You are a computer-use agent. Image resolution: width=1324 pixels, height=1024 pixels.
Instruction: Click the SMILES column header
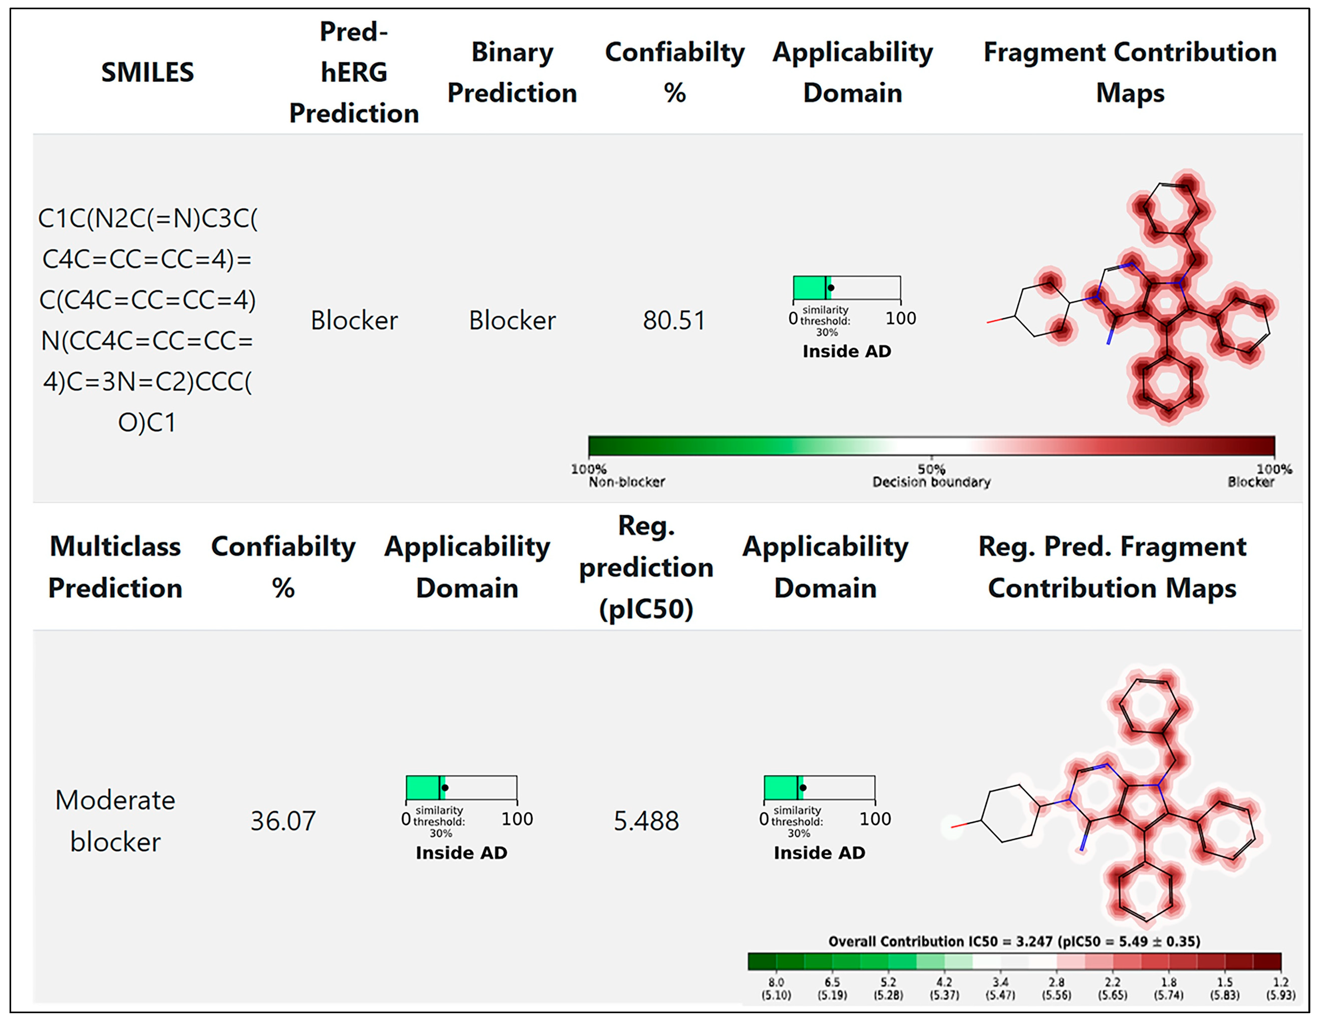(x=147, y=73)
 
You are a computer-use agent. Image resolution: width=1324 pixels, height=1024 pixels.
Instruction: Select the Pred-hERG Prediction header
(x=354, y=73)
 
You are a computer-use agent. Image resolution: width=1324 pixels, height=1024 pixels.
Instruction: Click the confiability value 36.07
(x=283, y=821)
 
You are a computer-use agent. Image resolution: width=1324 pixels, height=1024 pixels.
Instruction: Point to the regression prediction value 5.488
(x=646, y=821)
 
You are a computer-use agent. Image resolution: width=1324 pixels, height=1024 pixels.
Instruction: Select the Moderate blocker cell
(x=115, y=821)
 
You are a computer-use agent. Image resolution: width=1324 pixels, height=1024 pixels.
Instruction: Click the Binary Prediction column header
(x=512, y=73)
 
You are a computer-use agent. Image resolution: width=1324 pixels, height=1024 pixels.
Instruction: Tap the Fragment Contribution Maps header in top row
(x=1130, y=73)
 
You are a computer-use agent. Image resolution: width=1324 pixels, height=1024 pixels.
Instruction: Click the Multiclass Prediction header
(x=115, y=567)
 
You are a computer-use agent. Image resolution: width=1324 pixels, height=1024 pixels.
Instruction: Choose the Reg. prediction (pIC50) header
(x=646, y=567)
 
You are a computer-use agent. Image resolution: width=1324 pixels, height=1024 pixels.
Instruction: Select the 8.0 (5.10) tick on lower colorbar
(x=776, y=988)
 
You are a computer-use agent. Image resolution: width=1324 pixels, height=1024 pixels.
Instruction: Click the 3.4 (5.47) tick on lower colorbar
(x=1000, y=988)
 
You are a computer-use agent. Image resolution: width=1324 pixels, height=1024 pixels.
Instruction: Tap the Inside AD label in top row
(x=847, y=351)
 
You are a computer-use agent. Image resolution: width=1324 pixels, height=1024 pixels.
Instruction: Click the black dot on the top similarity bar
(x=831, y=288)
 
